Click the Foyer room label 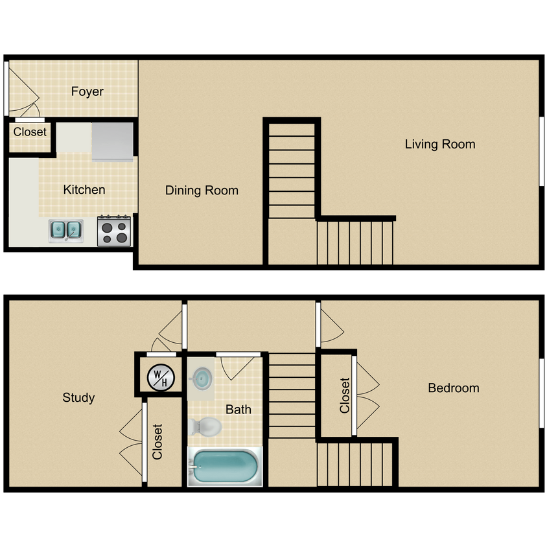(87, 91)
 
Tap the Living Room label (440, 144)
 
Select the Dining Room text (202, 191)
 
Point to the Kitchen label (84, 190)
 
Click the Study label (78, 397)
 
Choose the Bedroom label (454, 388)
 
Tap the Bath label (239, 409)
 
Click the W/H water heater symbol (159, 377)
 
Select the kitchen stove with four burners (115, 231)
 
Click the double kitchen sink (65, 229)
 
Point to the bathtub (224, 467)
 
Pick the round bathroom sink (202, 378)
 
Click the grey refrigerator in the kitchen (113, 141)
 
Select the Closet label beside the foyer (30, 132)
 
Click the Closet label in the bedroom (345, 395)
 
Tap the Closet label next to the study (157, 442)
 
